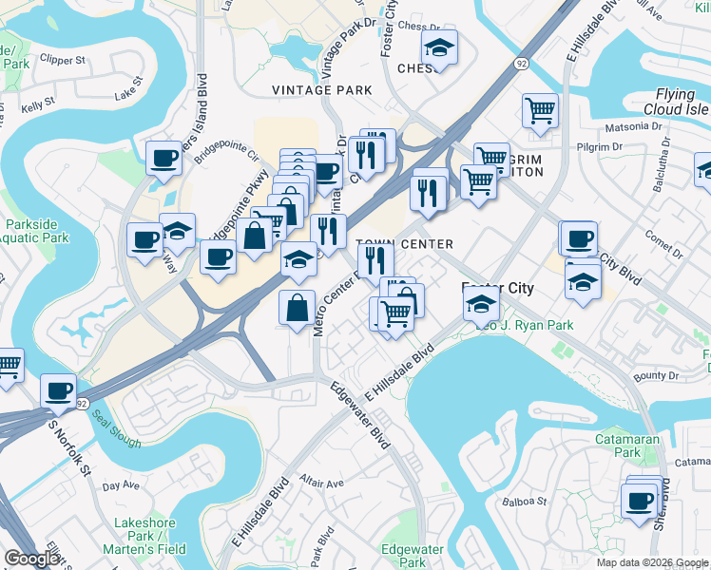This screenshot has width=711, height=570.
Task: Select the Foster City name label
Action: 497,288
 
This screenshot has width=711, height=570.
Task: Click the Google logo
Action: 32,558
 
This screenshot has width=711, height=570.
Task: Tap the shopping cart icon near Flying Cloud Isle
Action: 540,110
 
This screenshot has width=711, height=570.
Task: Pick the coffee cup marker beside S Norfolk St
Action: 58,390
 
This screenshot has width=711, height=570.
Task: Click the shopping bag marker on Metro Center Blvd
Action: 297,307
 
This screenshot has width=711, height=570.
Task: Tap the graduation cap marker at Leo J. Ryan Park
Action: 482,305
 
